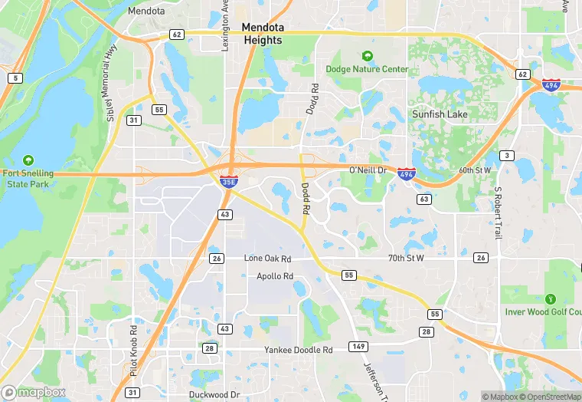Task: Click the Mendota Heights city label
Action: [263, 33]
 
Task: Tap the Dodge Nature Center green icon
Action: [367, 56]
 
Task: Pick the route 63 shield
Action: [423, 199]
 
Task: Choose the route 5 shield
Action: [15, 77]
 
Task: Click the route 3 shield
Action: [506, 156]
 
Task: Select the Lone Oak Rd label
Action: [267, 259]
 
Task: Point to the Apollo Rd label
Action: [275, 276]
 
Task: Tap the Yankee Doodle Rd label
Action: [298, 350]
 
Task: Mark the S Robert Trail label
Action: [497, 212]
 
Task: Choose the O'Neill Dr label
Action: [370, 169]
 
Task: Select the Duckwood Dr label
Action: [214, 395]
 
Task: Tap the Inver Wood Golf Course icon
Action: [549, 298]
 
